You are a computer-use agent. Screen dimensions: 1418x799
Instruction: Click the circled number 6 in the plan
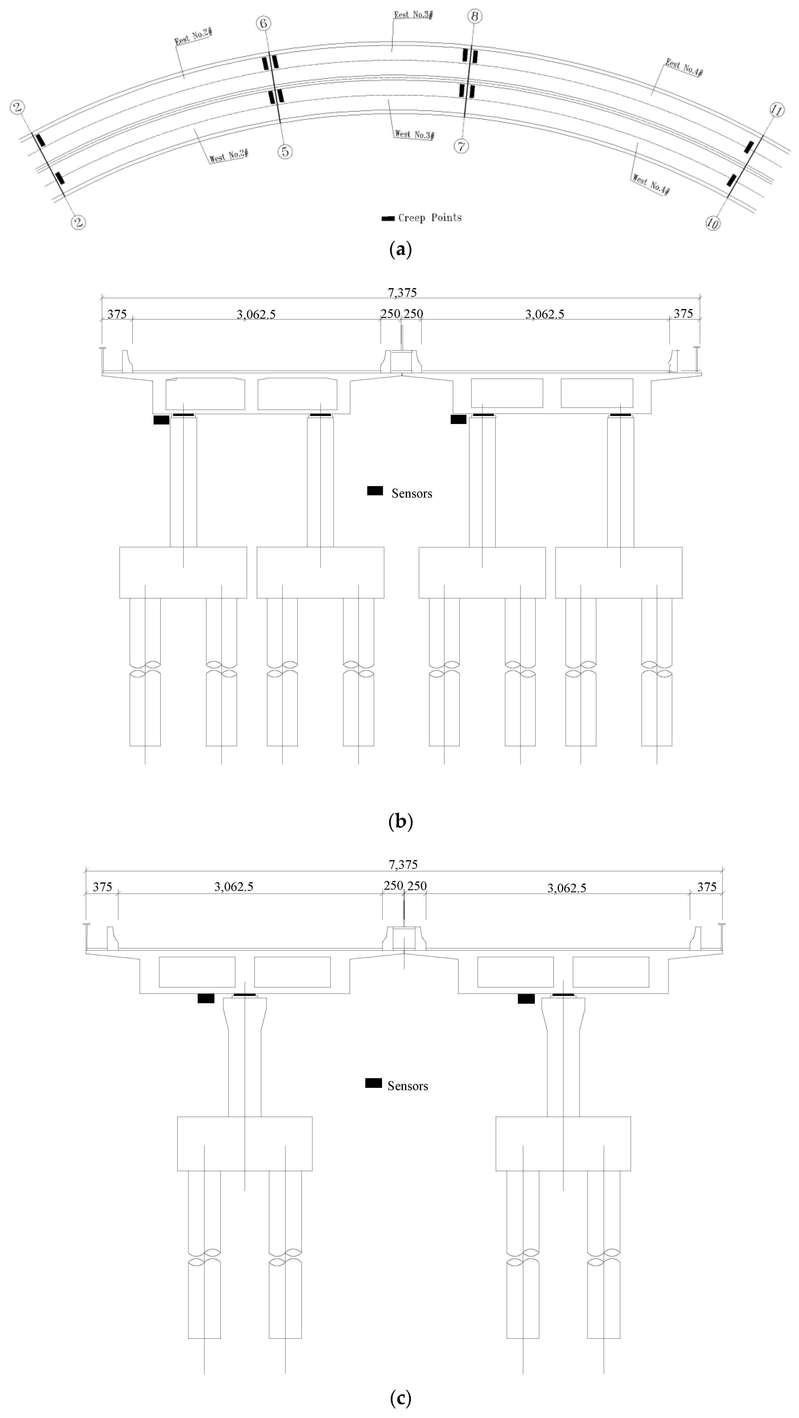click(x=264, y=23)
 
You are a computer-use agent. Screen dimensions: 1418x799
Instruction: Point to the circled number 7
click(x=461, y=146)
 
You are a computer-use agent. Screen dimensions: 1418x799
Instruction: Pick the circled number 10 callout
click(x=713, y=223)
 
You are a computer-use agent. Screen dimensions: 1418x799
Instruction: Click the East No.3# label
click(x=413, y=14)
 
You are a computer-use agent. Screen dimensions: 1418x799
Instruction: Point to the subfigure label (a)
click(x=400, y=250)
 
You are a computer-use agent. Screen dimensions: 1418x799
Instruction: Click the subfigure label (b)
click(x=400, y=822)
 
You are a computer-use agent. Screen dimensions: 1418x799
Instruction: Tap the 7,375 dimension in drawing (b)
click(x=402, y=292)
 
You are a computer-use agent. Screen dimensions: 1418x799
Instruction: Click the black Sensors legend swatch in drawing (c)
click(x=373, y=1083)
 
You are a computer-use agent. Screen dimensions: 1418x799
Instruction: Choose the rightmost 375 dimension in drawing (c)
click(x=707, y=887)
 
